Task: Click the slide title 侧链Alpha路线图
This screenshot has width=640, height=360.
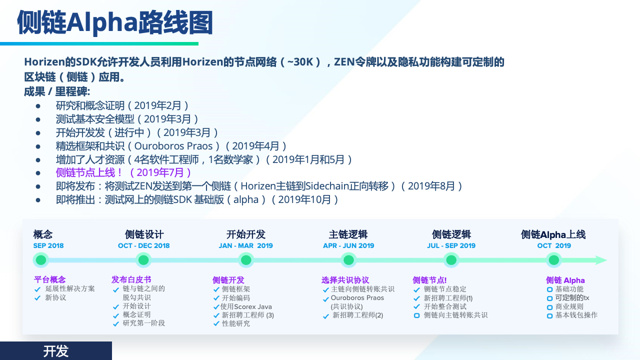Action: point(115,22)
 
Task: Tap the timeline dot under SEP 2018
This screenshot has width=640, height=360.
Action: point(41,260)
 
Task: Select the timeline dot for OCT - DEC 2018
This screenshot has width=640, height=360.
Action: point(143,260)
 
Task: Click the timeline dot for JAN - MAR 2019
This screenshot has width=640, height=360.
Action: point(246,260)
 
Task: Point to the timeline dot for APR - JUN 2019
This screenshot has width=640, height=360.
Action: point(348,260)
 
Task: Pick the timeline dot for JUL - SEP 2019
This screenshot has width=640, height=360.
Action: point(451,260)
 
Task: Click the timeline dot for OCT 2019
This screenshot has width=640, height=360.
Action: point(553,260)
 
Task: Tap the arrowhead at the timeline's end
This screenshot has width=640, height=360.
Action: point(601,260)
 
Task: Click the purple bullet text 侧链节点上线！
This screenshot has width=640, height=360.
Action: point(89,172)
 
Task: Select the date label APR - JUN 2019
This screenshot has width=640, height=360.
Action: point(348,245)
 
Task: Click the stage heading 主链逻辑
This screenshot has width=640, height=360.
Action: point(348,234)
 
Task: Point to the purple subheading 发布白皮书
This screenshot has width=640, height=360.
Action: point(131,279)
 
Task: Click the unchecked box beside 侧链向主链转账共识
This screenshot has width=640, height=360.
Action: point(417,315)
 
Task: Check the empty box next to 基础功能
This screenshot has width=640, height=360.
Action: point(549,289)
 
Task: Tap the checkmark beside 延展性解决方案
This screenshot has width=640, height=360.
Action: point(37,289)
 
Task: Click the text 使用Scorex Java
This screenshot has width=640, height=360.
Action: point(246,307)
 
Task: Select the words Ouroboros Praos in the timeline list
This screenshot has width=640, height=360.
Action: point(357,297)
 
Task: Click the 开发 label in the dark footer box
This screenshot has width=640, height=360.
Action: point(55,351)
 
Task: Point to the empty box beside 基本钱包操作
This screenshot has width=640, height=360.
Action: point(549,316)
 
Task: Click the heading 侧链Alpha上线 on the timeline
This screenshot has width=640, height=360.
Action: point(553,234)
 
